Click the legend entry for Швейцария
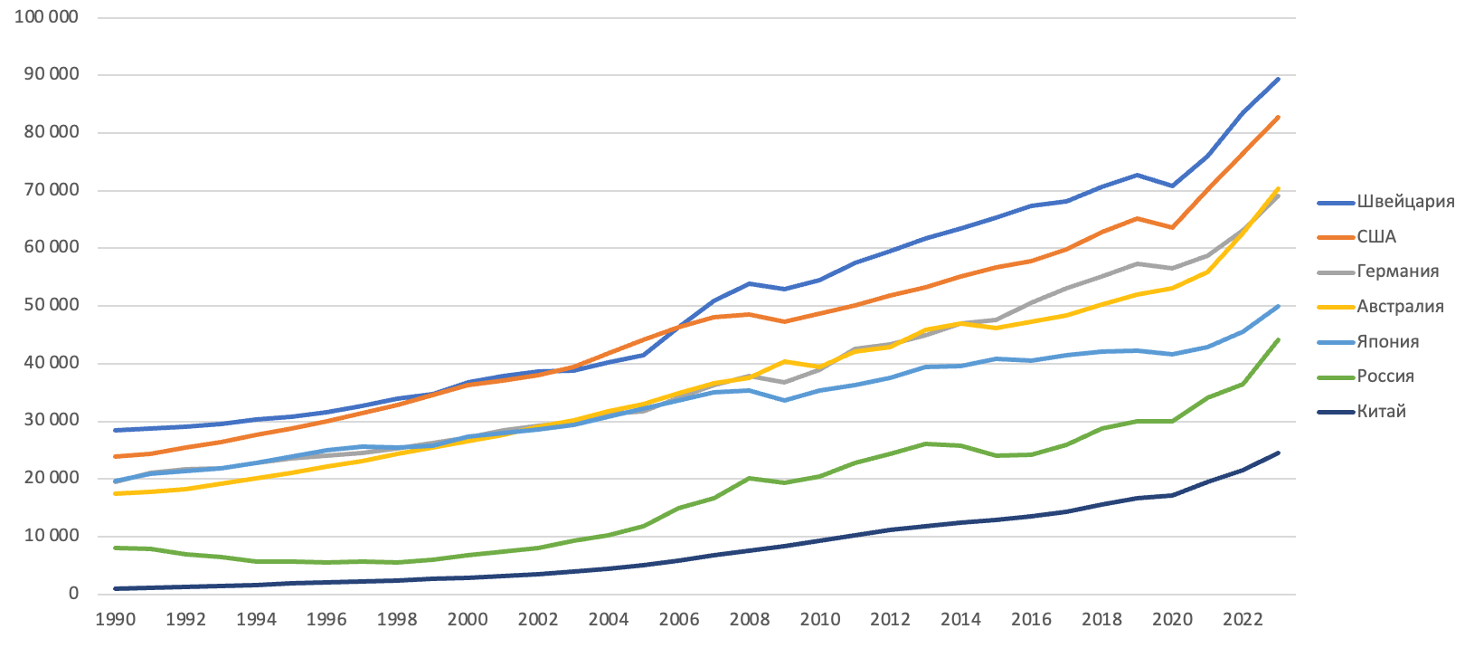pos(1404,202)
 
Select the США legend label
pos(1375,237)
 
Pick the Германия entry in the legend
pos(1397,272)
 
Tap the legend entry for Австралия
pos(1400,307)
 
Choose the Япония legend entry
pos(1387,342)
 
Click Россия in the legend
pos(1385,376)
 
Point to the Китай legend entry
pos(1381,412)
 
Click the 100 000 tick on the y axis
pos(46,17)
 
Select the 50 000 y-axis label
pos(51,305)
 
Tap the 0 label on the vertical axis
pos(74,594)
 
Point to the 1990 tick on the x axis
pos(115,620)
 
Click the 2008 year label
pos(750,620)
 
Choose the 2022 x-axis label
pos(1243,620)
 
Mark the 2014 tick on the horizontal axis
pos(960,620)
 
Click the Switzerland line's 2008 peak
pos(750,283)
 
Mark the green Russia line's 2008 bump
pos(750,478)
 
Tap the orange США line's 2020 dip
pos(1172,227)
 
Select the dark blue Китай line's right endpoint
pos(1278,453)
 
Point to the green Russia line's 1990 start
pos(116,548)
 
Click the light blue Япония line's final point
pos(1278,306)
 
